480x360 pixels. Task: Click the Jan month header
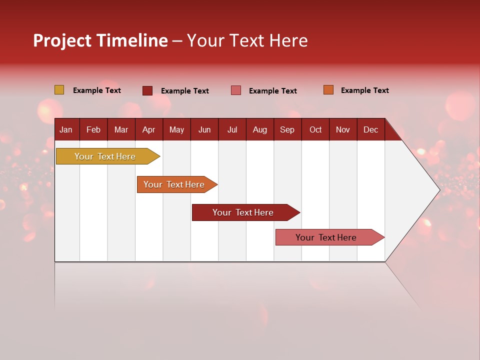tap(66, 129)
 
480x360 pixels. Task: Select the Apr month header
tap(148, 129)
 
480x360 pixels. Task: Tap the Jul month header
tap(232, 129)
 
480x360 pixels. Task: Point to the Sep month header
tap(287, 129)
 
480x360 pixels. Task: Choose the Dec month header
tap(370, 129)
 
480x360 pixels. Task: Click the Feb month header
tap(93, 129)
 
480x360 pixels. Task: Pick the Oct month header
tap(315, 129)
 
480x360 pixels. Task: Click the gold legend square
tap(59, 90)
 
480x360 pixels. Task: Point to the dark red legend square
tap(147, 90)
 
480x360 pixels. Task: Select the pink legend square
tap(235, 90)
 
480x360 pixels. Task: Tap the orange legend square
tap(328, 90)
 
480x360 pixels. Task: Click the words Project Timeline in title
tap(100, 40)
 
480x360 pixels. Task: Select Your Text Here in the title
tap(247, 40)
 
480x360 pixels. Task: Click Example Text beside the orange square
tap(364, 90)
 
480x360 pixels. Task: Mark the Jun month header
tap(204, 129)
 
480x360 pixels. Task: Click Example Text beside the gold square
tap(97, 90)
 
